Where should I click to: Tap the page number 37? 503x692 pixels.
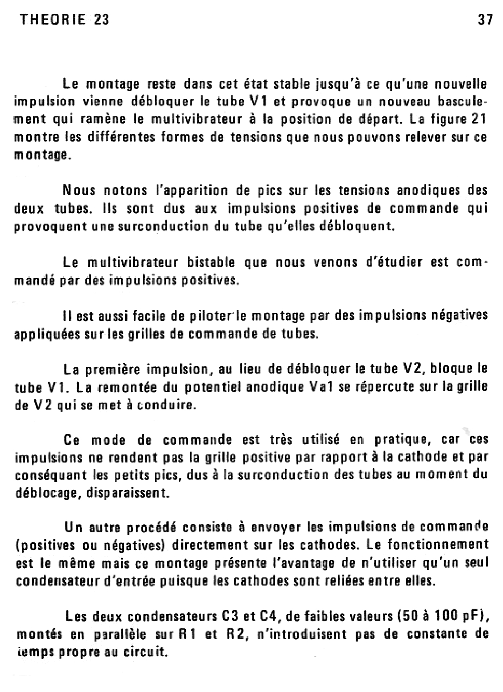tap(485, 20)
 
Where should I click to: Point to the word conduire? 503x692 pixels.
tap(166, 405)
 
